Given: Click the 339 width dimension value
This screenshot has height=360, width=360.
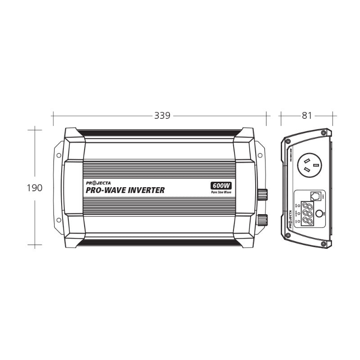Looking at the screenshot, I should click(162, 115).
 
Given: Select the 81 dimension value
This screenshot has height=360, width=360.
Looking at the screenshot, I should click(307, 115).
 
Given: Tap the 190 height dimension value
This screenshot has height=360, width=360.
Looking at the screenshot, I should click(35, 188).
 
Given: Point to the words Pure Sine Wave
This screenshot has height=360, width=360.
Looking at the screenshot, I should click(220, 193).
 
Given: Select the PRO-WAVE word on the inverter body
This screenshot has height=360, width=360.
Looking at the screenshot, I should click(102, 190).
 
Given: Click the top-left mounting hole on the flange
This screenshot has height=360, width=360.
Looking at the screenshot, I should click(58, 155).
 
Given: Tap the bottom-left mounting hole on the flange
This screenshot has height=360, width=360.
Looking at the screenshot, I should click(58, 220).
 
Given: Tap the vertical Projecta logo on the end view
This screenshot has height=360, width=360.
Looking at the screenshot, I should click(289, 221).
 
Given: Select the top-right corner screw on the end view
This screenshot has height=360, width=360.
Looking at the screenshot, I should click(324, 134).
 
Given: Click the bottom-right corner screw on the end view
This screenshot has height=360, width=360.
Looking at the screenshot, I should click(324, 243).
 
